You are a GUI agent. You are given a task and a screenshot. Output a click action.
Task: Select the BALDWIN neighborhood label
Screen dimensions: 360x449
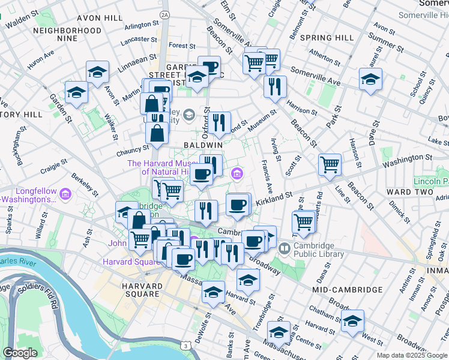[x=203, y=145]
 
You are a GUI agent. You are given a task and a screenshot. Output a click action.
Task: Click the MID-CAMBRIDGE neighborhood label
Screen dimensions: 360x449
[x=348, y=290]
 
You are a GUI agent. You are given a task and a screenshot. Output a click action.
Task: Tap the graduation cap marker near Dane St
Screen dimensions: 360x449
[x=370, y=78]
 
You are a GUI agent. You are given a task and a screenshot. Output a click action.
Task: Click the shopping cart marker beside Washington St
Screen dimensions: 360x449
[x=329, y=163]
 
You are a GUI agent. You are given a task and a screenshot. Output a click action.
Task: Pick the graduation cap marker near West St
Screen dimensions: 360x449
[x=352, y=320]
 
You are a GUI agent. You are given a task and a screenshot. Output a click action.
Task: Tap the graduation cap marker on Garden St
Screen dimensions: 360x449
[x=77, y=91]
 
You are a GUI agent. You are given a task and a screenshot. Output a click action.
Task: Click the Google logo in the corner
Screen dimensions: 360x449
[x=20, y=353]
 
